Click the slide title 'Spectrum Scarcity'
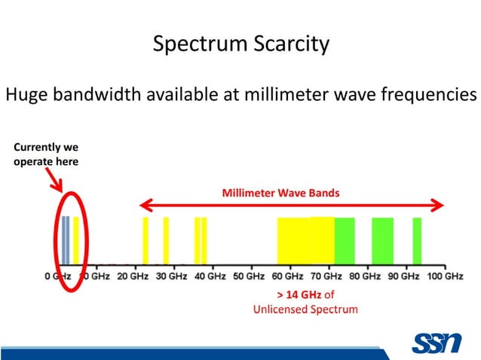[240, 44]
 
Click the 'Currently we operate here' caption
[46, 154]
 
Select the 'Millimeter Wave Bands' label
[280, 193]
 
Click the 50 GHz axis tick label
[249, 276]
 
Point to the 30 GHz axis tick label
[171, 276]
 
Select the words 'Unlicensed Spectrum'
[305, 309]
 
